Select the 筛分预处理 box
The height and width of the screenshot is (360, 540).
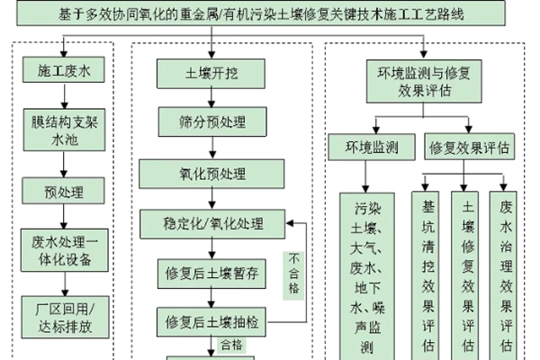212,121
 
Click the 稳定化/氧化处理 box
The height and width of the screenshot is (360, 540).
212,223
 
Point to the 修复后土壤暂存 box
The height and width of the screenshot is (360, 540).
212,274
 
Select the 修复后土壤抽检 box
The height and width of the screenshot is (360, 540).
212,321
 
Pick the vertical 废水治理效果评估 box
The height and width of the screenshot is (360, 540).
506,274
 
